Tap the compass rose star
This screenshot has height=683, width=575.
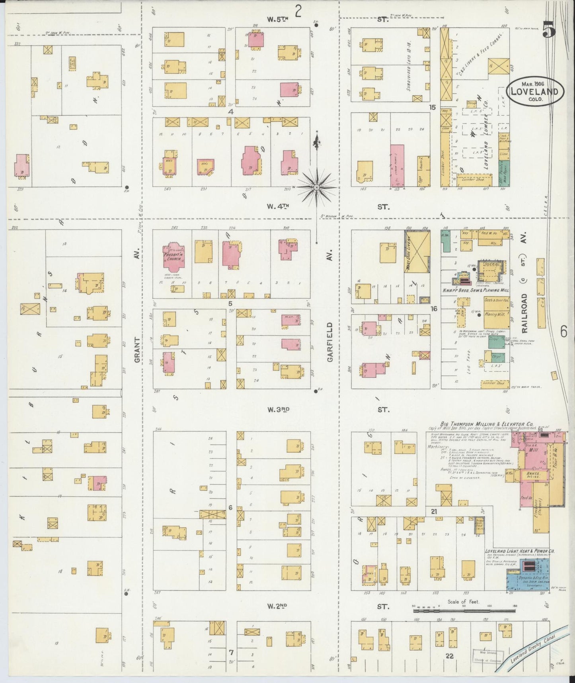(x=316, y=187)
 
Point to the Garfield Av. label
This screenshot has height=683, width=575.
(x=329, y=337)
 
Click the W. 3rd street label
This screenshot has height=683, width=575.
(x=277, y=410)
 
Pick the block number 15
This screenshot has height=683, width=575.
(x=433, y=107)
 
